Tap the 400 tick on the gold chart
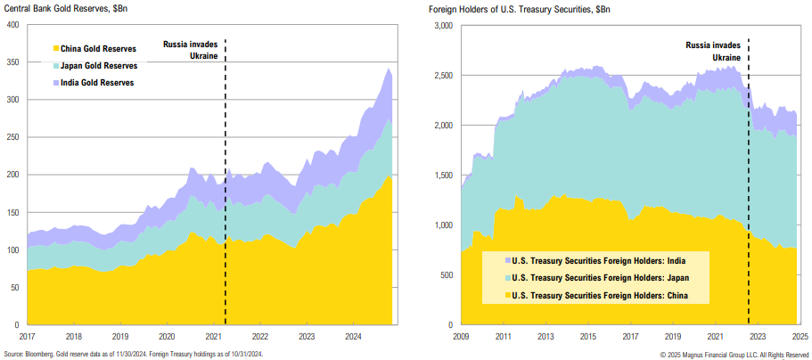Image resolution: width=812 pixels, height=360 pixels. pyautogui.click(x=12, y=24)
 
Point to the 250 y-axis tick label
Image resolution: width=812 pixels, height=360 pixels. pyautogui.click(x=12, y=137)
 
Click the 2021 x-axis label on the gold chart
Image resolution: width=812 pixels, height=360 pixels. pyautogui.click(x=213, y=337)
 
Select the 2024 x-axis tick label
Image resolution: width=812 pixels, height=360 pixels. pyautogui.click(x=352, y=337)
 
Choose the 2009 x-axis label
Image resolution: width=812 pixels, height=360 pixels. pyautogui.click(x=461, y=337)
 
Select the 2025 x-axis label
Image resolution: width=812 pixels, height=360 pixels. pyautogui.click(x=800, y=337)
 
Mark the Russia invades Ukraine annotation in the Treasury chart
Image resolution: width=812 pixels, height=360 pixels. pyautogui.click(x=713, y=50)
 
